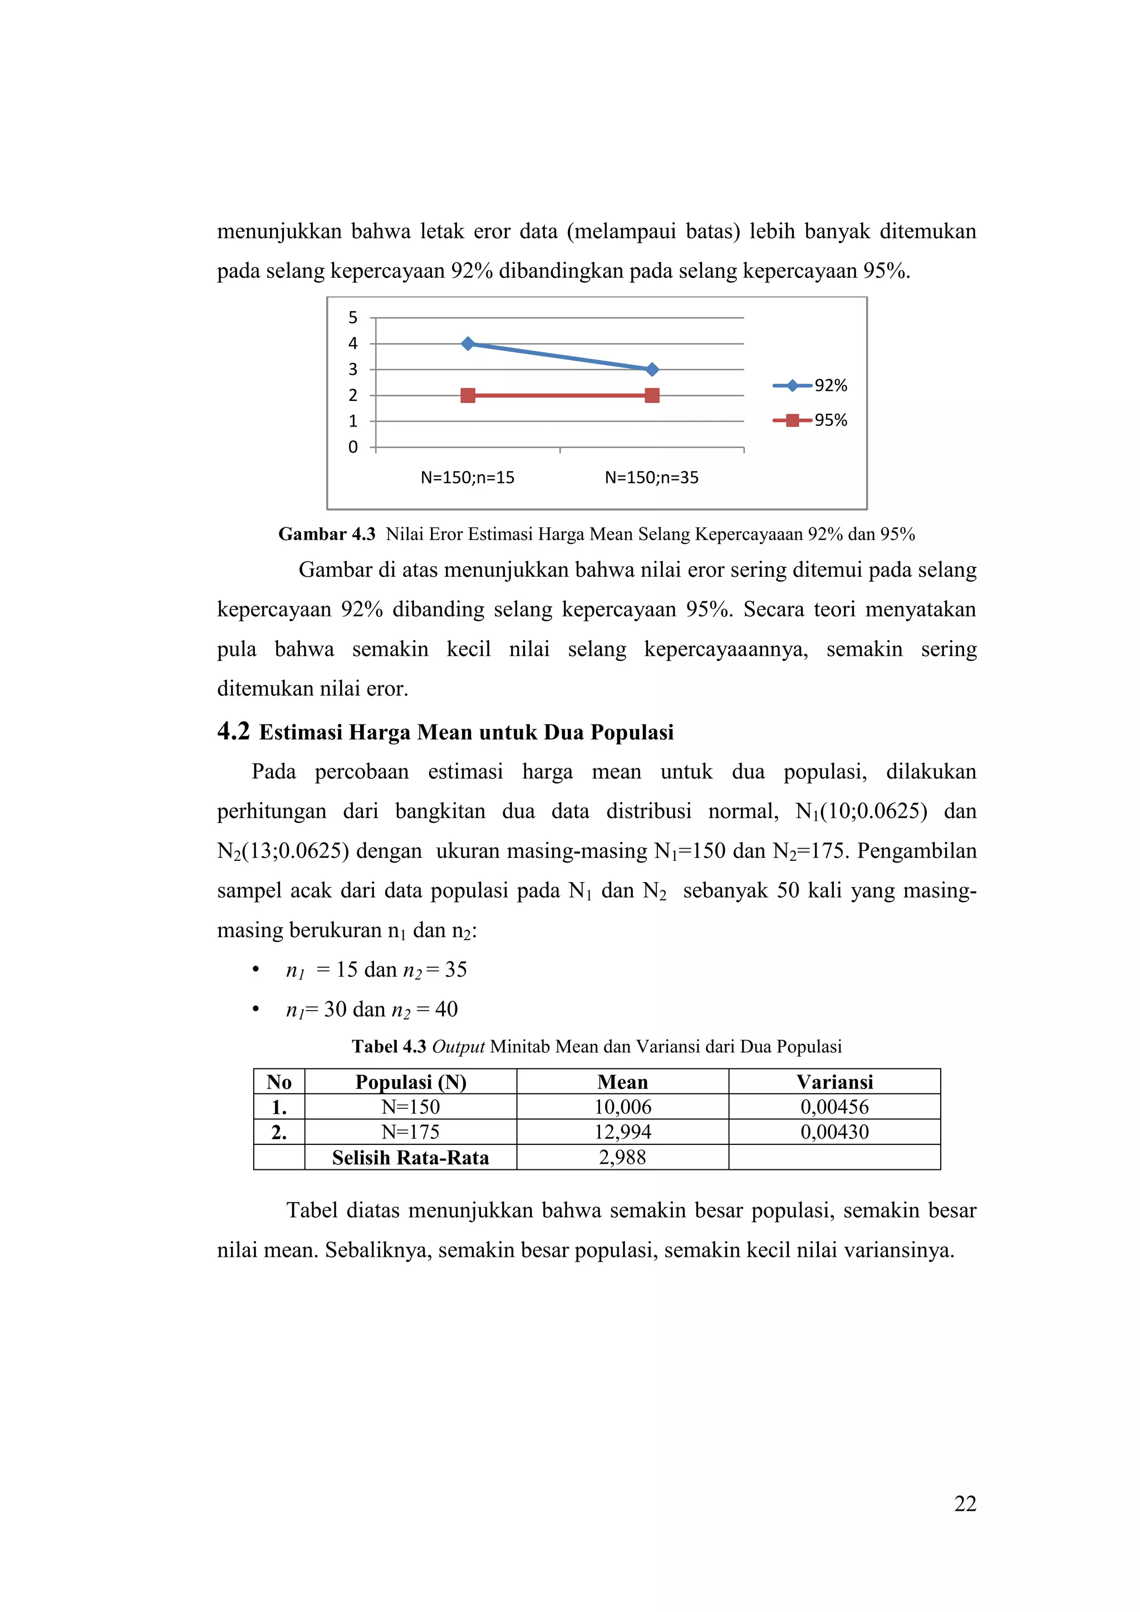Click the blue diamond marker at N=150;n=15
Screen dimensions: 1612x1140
coord(468,344)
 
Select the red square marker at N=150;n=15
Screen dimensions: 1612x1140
coord(468,395)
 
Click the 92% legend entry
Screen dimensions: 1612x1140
coord(811,385)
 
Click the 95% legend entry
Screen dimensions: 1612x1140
coord(811,420)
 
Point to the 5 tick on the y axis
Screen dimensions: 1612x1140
coord(353,318)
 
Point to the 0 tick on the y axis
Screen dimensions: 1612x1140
coord(353,447)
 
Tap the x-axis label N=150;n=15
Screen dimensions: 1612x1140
coord(468,477)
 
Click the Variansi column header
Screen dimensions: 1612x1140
coord(834,1082)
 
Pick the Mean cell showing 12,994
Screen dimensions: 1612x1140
coord(623,1132)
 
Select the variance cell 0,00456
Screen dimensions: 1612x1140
coord(834,1107)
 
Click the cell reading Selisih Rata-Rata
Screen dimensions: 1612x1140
coord(411,1157)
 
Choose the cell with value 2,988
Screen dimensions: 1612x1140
coord(623,1157)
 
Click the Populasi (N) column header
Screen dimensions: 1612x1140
coord(411,1082)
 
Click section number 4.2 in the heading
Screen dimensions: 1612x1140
coord(233,732)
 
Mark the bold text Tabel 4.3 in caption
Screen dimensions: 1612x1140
coord(389,1047)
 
